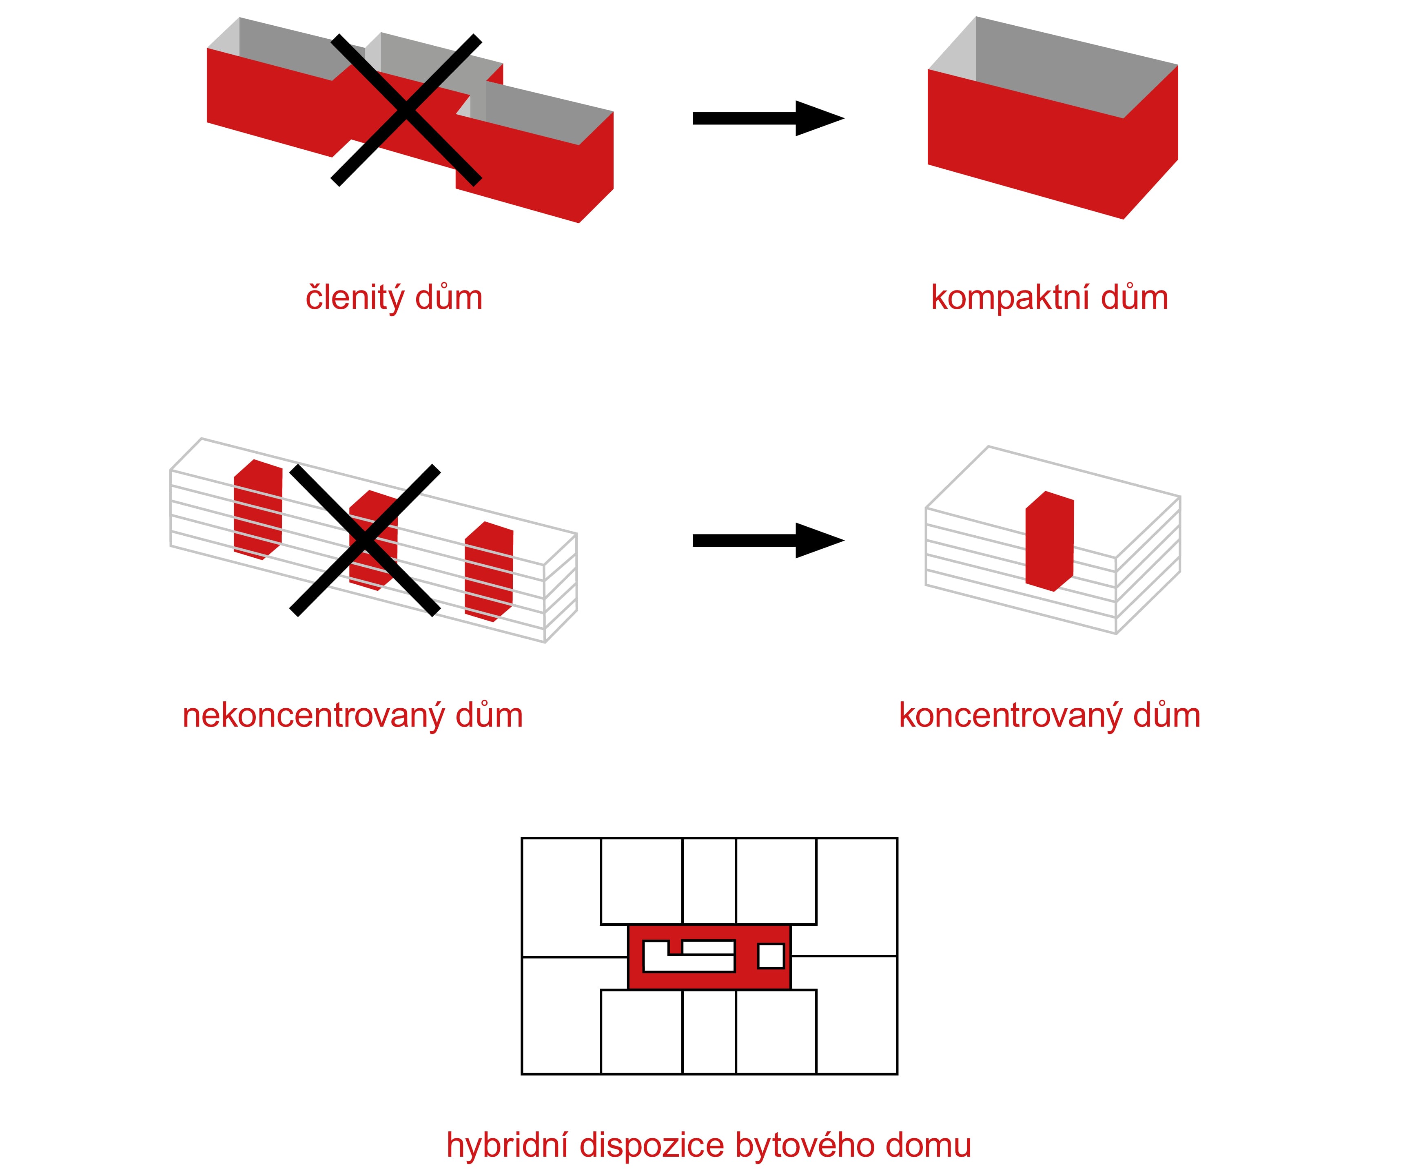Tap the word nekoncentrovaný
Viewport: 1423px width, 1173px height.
coord(313,716)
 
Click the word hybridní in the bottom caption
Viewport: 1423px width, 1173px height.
coord(508,1145)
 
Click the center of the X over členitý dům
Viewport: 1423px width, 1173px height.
coord(406,110)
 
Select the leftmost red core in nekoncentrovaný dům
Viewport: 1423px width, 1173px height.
coord(257,510)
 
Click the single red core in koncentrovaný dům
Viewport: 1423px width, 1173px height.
coord(1048,542)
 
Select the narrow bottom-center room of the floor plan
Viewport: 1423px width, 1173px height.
coord(709,1032)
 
